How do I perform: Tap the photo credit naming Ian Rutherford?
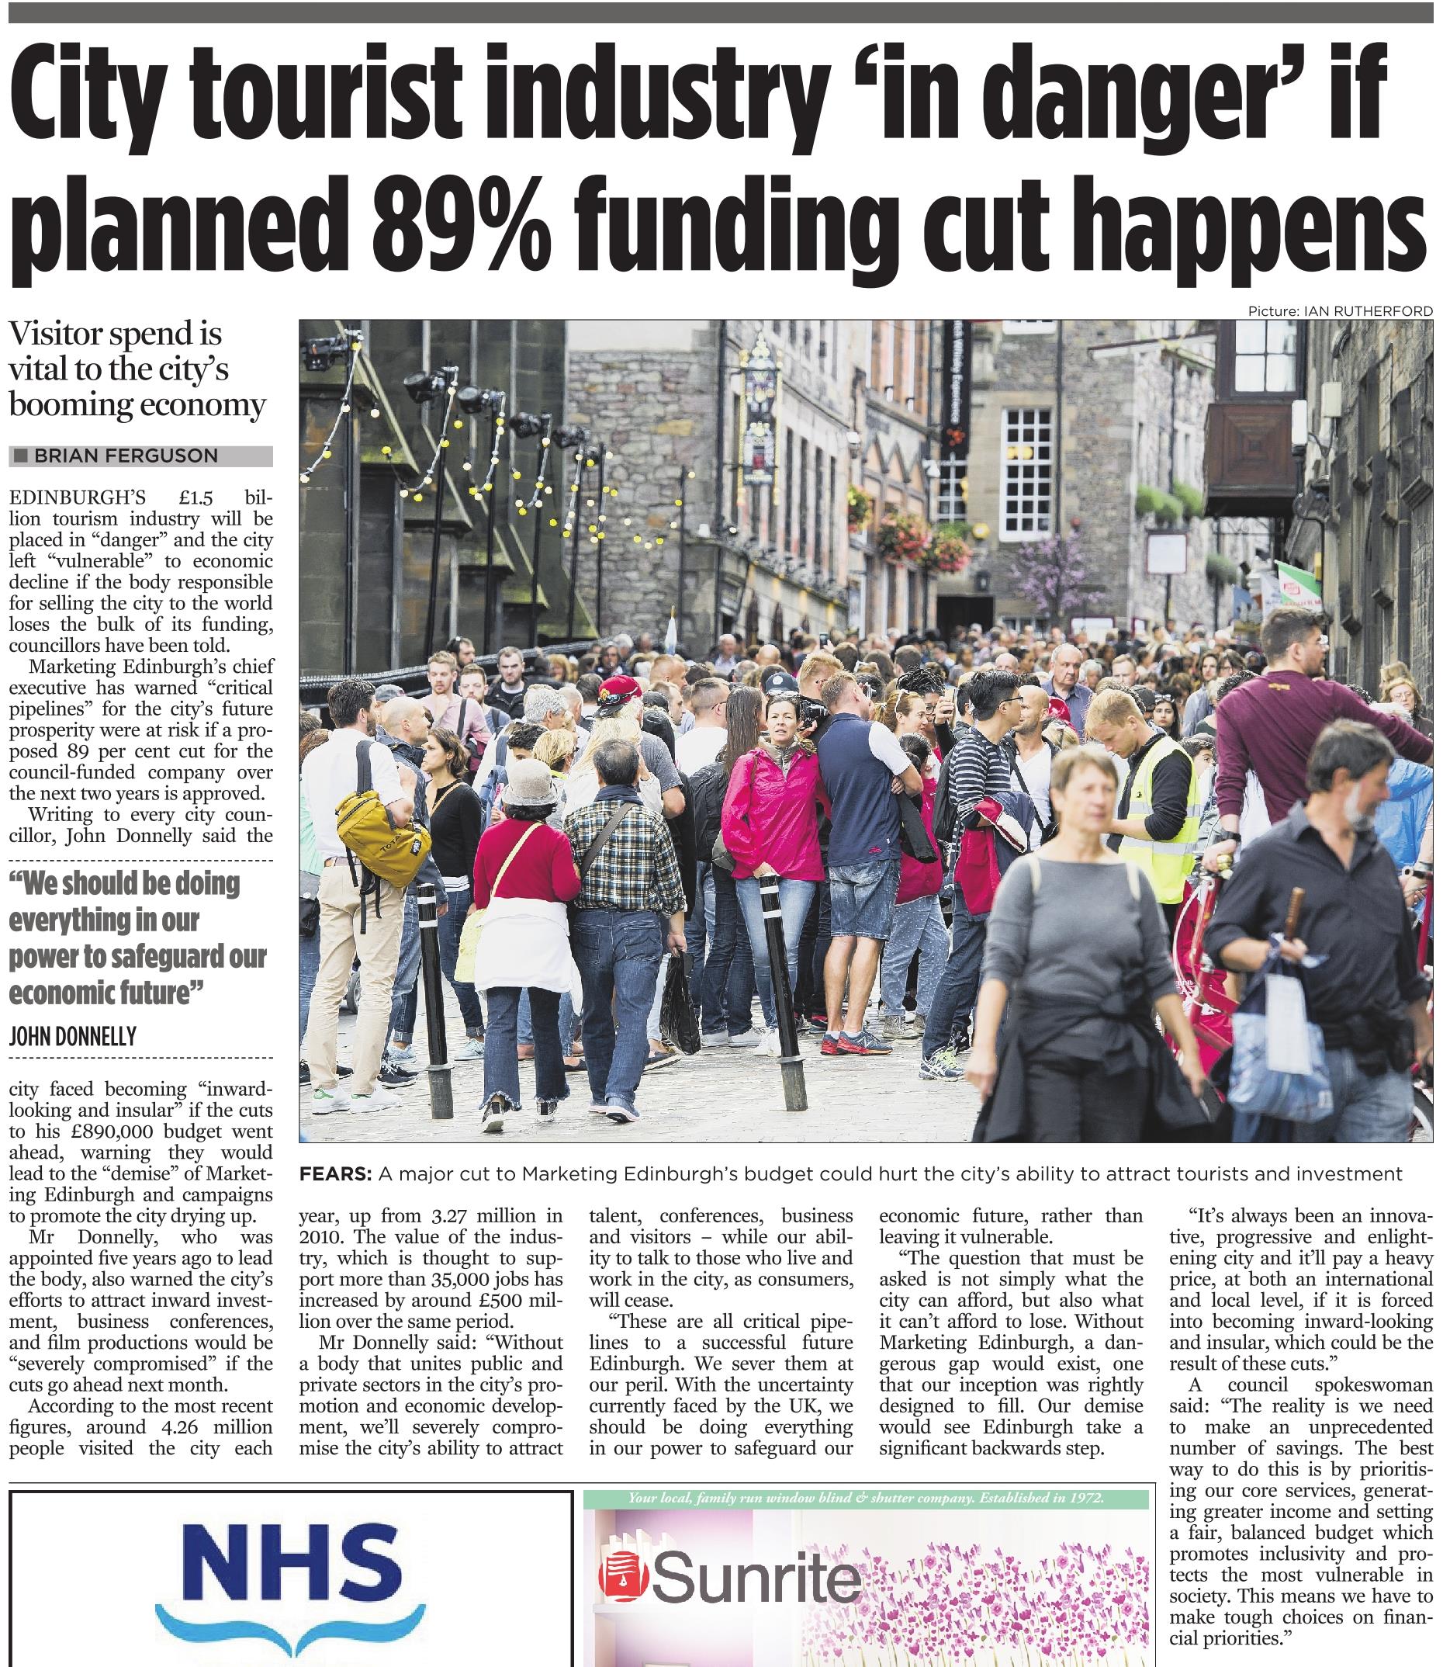point(1341,311)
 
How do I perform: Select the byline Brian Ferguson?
point(126,456)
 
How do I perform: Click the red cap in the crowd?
point(621,688)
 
